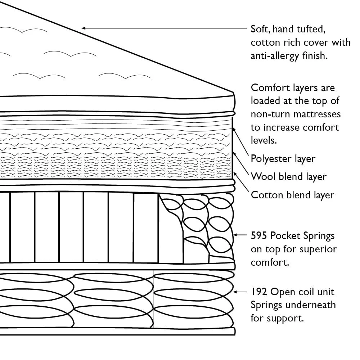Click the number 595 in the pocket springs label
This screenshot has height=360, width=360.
point(259,236)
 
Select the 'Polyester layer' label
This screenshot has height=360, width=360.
point(283,159)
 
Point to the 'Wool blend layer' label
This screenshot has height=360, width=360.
point(288,177)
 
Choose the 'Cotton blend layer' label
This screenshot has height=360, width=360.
point(292,195)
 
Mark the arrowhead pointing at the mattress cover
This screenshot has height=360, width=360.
point(84,27)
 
